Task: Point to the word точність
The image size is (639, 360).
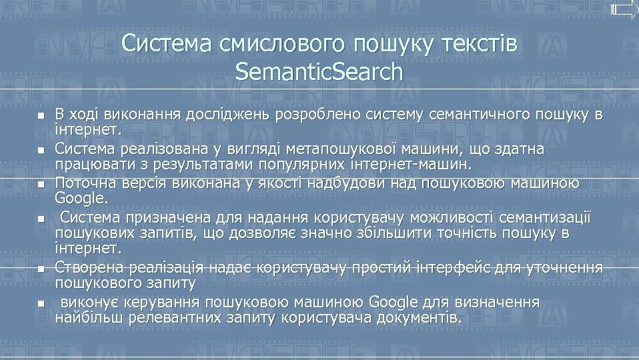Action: pos(454,233)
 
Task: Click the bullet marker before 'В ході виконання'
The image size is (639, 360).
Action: pos(40,116)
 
